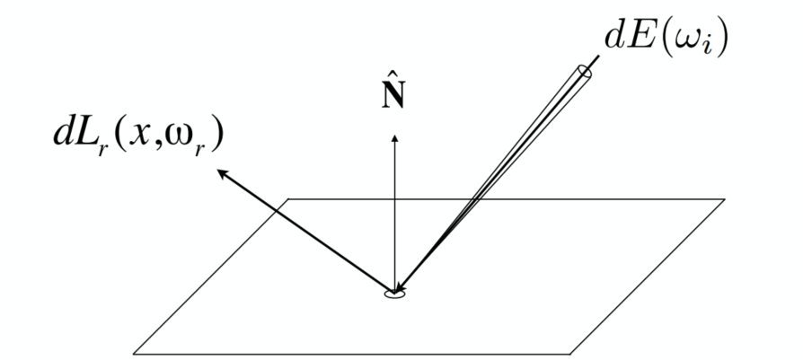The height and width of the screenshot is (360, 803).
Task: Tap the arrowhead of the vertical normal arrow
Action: coord(393,137)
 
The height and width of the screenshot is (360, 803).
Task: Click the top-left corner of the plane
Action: coord(288,198)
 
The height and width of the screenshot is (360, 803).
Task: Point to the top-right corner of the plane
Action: coord(723,198)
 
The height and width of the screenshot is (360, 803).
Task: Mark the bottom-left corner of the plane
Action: coord(134,353)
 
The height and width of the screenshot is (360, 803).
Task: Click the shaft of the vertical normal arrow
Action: coord(393,215)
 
